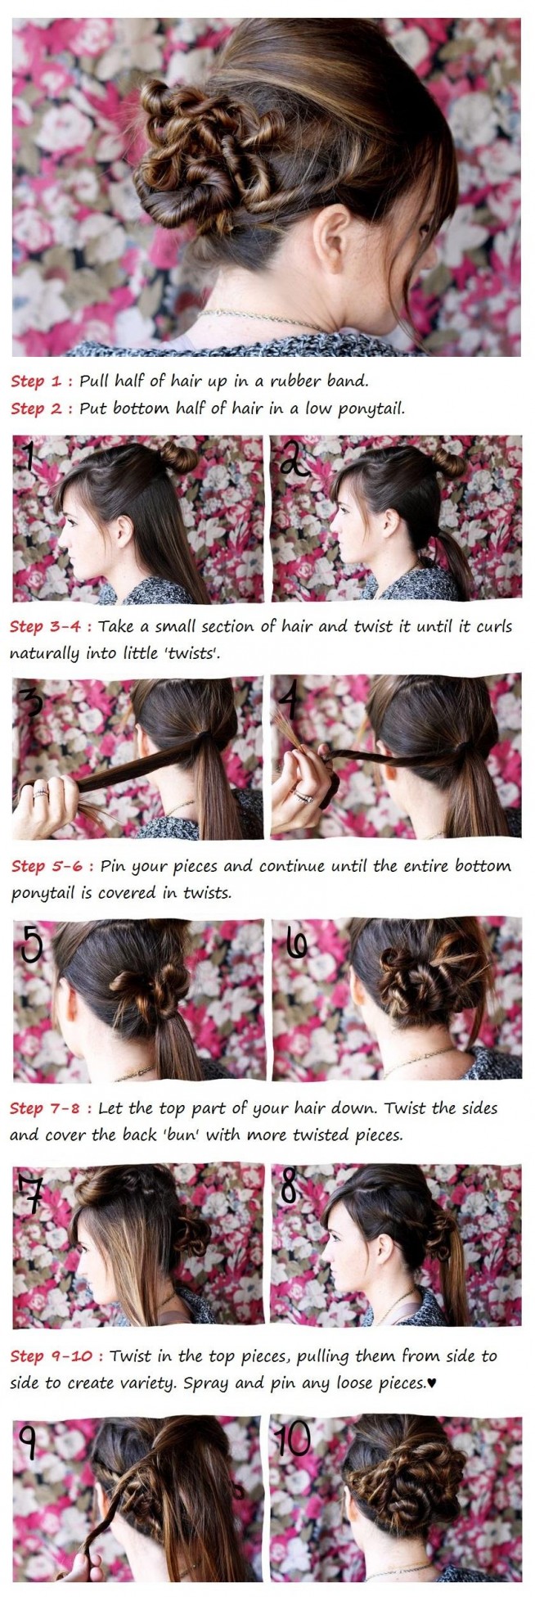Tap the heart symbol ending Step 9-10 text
432,1385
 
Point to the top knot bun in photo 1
178,457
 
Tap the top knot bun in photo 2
449,462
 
